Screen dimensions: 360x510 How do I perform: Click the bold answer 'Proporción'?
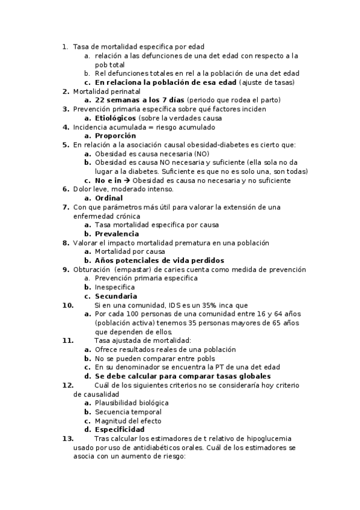tap(115, 136)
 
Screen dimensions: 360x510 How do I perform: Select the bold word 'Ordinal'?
tap(109, 198)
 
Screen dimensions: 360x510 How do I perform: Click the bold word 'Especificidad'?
tap(120, 430)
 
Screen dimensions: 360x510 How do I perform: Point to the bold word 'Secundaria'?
tap(116, 296)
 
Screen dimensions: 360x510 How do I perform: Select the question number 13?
tap(67, 439)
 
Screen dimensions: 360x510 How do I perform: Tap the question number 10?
tap(67, 305)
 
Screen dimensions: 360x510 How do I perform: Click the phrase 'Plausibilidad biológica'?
tap(132, 403)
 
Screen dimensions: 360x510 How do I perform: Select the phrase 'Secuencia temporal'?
tap(128, 412)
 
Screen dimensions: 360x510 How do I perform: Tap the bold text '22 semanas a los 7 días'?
tap(139, 100)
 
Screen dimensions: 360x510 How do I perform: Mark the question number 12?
tap(67, 386)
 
